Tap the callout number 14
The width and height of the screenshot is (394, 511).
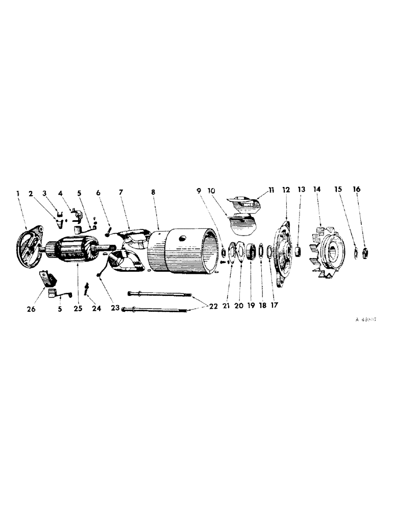317,190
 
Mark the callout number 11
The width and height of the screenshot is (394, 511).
271,190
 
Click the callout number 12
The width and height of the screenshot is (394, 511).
286,190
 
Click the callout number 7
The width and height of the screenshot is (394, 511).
121,193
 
